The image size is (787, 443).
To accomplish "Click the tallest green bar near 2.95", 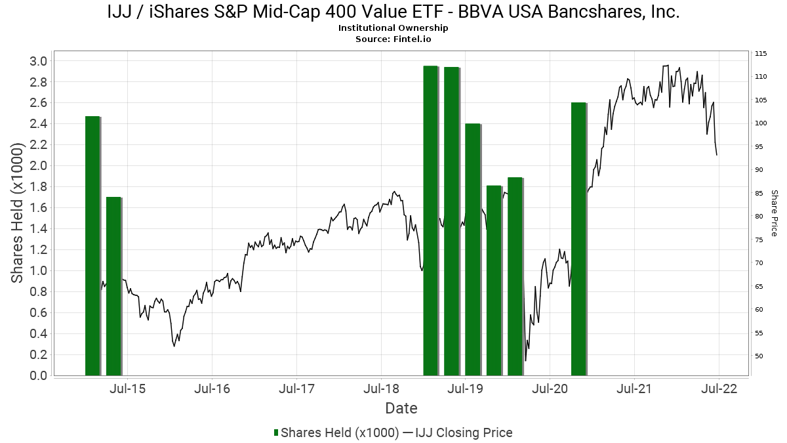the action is click(x=430, y=221).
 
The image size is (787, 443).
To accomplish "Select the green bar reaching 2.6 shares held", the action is click(x=578, y=239).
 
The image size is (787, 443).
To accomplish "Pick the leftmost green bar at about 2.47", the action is click(x=92, y=245).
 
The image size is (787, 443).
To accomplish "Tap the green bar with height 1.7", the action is click(x=113, y=286).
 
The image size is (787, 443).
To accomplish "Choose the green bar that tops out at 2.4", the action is click(x=473, y=249).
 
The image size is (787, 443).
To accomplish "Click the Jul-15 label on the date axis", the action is click(x=127, y=389).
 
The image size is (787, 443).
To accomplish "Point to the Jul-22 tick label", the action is click(x=719, y=389).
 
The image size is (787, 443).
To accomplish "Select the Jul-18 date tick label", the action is click(x=382, y=389).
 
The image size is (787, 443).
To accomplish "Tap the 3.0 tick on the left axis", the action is click(x=38, y=61).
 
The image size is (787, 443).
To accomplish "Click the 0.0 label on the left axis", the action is click(x=38, y=375).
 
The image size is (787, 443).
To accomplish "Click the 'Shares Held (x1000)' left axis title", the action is click(x=17, y=213).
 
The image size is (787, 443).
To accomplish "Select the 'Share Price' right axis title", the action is click(x=774, y=213).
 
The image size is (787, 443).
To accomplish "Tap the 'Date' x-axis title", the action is click(x=401, y=408).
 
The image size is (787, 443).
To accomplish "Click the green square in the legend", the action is click(x=276, y=432).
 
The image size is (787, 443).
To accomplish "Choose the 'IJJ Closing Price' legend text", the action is click(x=464, y=432).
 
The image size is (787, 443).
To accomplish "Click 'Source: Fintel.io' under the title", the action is click(x=393, y=39).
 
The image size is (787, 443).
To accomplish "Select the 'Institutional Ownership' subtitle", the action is click(x=393, y=28).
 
